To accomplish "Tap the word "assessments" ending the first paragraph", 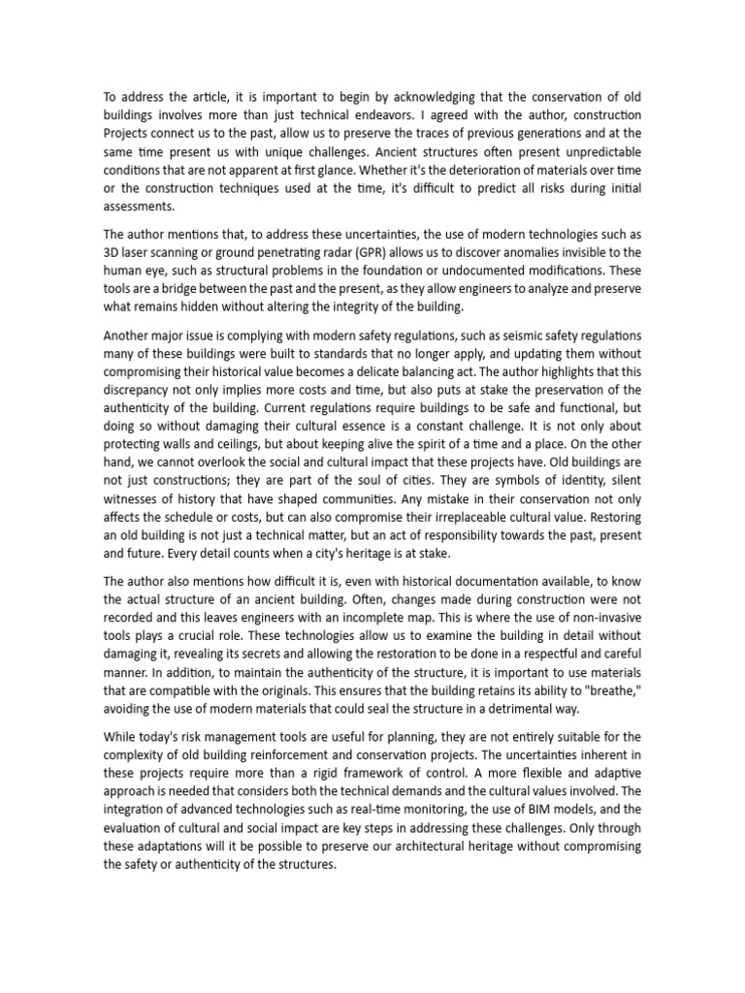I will [x=139, y=206].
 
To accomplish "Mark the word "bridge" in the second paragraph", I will [x=191, y=288].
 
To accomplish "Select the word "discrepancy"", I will [x=142, y=388].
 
